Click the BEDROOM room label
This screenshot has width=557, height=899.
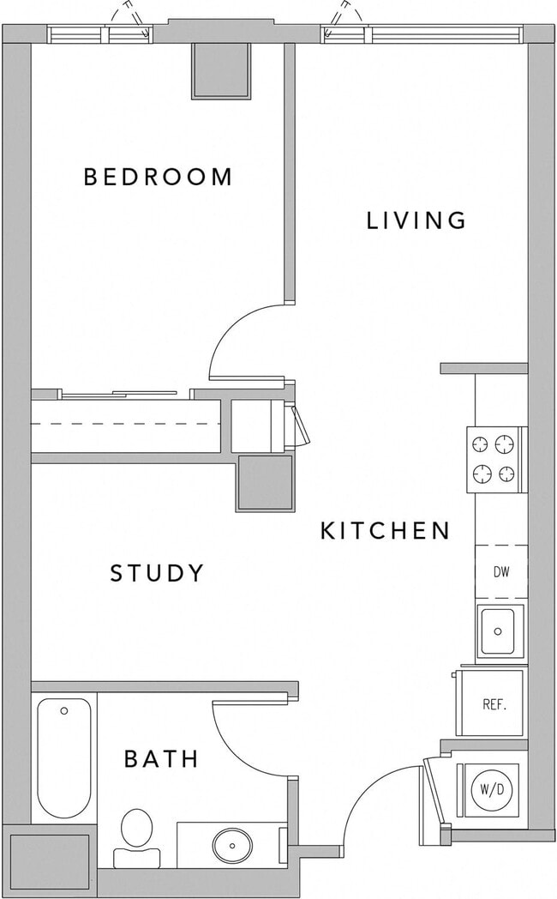158,177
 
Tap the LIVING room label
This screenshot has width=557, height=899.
416,220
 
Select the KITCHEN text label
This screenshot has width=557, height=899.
385,531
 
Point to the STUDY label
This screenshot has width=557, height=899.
158,573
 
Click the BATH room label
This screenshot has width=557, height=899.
162,758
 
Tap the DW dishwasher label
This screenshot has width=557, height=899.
500,572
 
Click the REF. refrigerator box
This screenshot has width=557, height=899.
494,705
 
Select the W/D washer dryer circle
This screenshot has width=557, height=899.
491,789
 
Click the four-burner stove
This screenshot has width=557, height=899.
495,459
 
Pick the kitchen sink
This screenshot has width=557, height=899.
500,631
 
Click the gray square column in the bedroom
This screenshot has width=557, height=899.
220,69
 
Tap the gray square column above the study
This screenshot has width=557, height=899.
264,482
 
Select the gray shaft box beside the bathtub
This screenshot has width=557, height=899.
50,860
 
